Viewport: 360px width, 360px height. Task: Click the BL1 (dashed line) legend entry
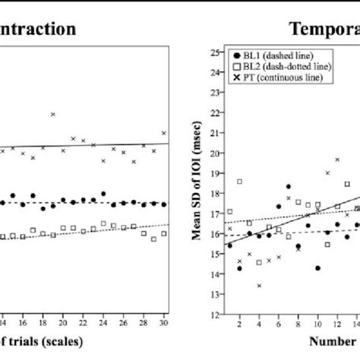point(283,55)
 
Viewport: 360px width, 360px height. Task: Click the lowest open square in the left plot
point(153,238)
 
